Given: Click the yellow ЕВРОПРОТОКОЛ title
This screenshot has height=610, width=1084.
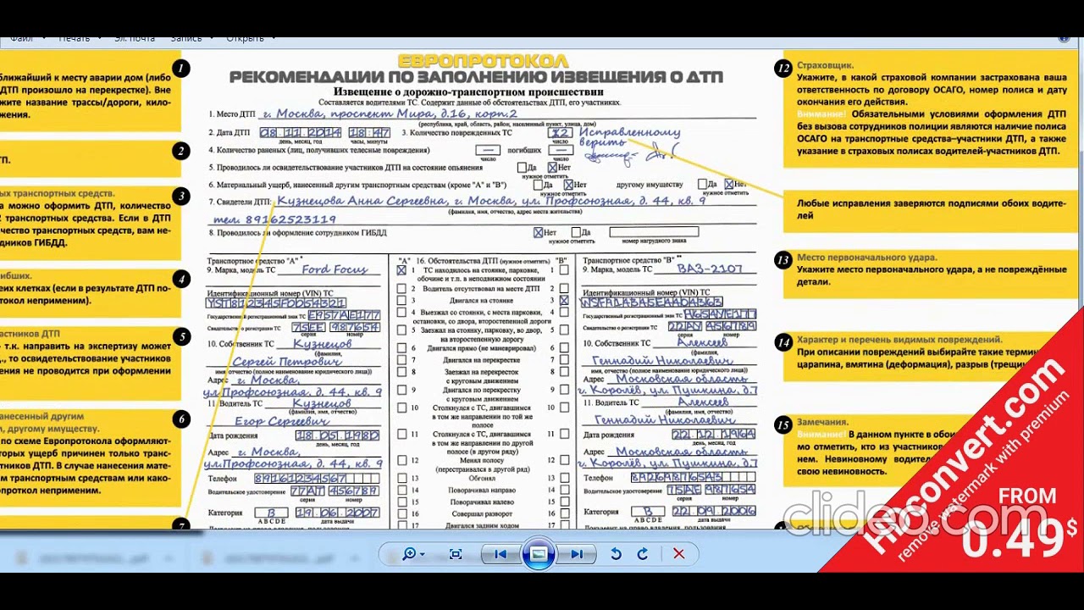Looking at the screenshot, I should (x=483, y=61).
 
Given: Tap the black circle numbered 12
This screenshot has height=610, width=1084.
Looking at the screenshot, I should (x=783, y=69).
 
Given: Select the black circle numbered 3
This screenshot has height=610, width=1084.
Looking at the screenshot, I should (x=180, y=197).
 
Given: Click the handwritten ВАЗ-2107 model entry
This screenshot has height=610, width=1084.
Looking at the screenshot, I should (x=710, y=269).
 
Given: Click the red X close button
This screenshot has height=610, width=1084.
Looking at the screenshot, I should (x=678, y=554).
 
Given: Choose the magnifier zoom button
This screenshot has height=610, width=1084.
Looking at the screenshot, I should (x=410, y=554).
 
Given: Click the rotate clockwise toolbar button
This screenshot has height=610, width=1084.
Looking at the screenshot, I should (x=643, y=554).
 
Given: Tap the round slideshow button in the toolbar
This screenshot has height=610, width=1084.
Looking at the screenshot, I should (x=539, y=554).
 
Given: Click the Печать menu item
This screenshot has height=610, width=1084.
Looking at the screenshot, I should (x=75, y=38).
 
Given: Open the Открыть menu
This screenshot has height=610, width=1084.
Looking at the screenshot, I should (x=245, y=38).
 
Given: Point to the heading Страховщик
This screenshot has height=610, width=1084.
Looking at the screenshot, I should (x=825, y=65).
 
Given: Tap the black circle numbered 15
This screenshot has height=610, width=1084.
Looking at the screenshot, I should (x=783, y=425).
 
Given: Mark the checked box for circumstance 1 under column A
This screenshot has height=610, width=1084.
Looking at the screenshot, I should (x=401, y=270).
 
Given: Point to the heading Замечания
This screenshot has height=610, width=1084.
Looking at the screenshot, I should (x=822, y=422).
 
